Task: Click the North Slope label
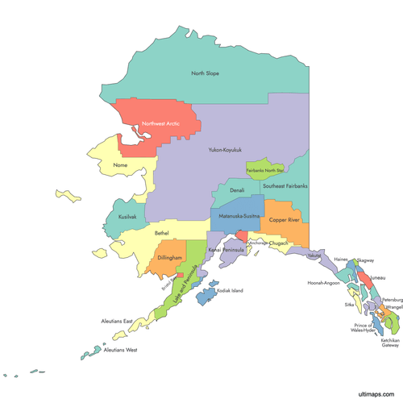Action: [x=205, y=73]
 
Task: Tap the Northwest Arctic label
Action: [x=160, y=124]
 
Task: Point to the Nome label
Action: [x=121, y=165]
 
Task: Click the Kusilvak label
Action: [x=127, y=217]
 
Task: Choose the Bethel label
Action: [x=161, y=233]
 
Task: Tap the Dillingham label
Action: [x=170, y=258]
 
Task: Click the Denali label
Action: [x=237, y=191]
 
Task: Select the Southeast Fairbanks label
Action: [x=285, y=186]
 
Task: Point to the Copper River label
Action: [x=284, y=220]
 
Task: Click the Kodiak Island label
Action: [x=230, y=290]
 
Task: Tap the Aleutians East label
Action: [x=117, y=321]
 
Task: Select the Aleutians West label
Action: [x=120, y=350]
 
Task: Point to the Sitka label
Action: [x=349, y=305]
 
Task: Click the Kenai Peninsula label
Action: [x=226, y=251]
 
